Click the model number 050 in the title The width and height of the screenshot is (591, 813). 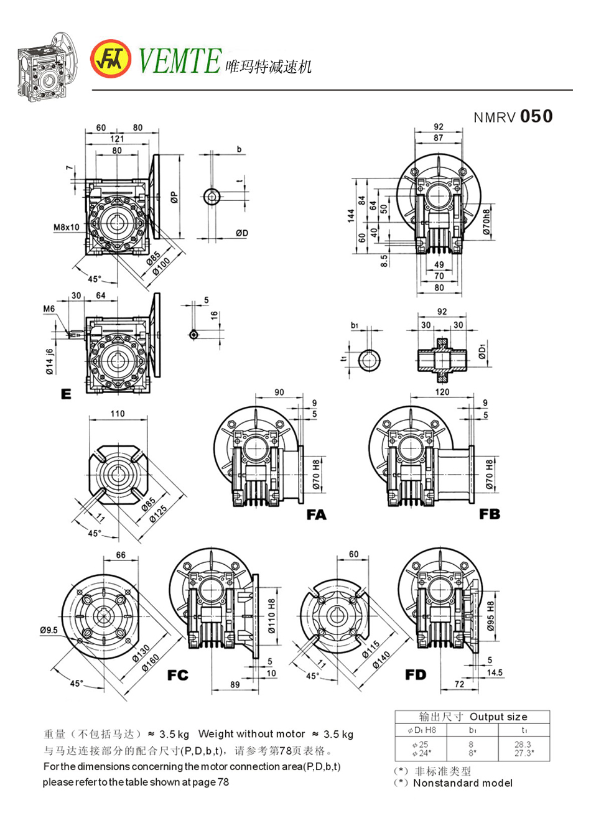[x=536, y=116]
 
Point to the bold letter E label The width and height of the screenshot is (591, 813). [x=66, y=393]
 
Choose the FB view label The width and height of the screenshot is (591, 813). [x=490, y=514]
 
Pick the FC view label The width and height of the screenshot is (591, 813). [x=177, y=675]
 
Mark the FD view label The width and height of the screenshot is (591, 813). [x=415, y=674]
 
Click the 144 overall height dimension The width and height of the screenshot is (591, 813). [x=351, y=215]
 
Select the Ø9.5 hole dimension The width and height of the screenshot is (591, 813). [x=49, y=631]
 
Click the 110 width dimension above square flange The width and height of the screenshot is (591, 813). [x=118, y=413]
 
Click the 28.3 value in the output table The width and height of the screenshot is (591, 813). [x=523, y=743]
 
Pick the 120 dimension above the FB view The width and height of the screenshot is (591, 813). [x=442, y=393]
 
